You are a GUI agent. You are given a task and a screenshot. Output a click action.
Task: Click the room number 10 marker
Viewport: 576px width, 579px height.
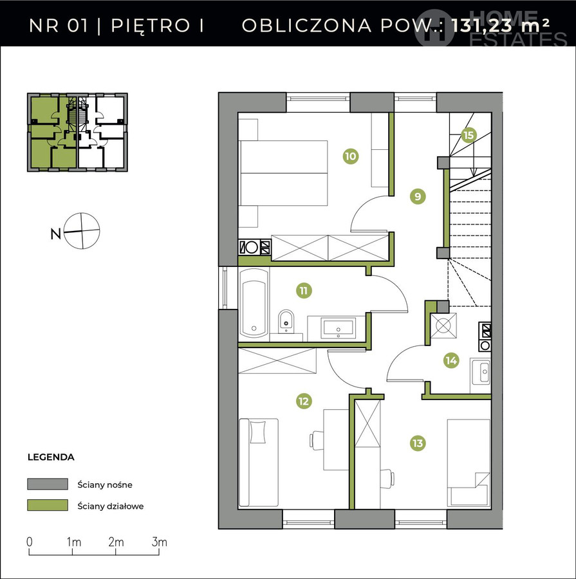351,156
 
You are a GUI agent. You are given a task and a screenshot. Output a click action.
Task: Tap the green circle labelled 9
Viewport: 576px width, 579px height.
418,196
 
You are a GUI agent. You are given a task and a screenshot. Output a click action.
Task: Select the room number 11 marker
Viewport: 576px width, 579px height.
304,291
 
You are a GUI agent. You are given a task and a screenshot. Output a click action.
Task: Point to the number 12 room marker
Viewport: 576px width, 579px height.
304,401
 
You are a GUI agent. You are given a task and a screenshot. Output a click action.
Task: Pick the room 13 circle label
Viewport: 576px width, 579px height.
418,443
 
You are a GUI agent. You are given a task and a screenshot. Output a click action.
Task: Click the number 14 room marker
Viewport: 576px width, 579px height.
451,360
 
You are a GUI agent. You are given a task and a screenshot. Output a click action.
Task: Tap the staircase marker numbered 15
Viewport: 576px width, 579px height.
468,135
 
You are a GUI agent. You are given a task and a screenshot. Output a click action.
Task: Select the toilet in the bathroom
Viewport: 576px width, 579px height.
286,321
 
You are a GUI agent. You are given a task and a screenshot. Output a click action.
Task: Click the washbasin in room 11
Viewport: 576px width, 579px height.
338,328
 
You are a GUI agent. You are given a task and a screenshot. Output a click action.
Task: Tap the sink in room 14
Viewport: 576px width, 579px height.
480,371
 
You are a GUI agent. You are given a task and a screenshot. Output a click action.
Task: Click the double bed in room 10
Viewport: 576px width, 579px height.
283,173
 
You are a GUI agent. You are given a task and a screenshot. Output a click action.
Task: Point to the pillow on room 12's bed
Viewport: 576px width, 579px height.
258,432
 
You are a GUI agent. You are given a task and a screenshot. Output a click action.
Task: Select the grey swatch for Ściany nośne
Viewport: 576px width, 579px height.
48,484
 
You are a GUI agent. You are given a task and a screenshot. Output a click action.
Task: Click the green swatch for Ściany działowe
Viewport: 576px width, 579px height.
48,505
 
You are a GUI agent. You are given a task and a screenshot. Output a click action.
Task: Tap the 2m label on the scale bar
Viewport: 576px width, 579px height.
116,542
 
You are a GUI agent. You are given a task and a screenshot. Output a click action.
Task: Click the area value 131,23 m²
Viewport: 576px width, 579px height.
500,26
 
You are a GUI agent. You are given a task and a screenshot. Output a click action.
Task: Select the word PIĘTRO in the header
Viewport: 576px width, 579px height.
151,26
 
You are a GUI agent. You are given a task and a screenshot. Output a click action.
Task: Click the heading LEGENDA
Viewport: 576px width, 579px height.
51,457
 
